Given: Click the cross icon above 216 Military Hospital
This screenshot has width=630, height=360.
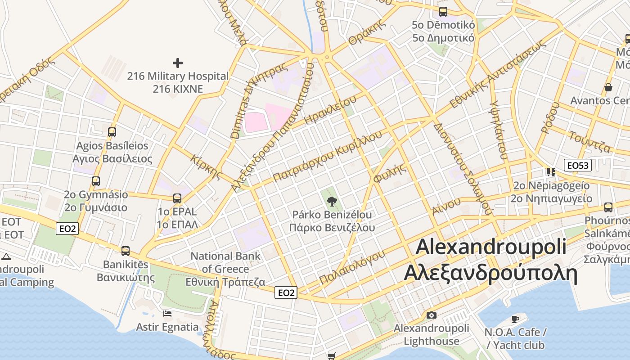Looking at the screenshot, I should coord(178,63).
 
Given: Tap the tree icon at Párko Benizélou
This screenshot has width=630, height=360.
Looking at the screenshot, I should coord(332,201).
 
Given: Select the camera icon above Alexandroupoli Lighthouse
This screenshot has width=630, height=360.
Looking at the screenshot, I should coord(431,315).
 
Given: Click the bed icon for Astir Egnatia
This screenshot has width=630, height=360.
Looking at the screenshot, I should coord(167,313).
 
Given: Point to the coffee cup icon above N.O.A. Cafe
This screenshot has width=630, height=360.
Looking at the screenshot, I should coord(515,319).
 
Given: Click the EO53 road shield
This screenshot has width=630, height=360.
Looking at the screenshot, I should coord(578,165).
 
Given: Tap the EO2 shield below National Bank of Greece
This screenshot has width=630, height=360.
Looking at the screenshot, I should coord(286,292).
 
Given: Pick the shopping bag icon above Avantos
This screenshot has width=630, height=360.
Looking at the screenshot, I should coord(608,87).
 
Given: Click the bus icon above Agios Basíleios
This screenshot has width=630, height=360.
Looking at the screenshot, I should coord(112,132).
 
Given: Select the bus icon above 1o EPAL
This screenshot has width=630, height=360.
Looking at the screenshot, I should coord(177,198).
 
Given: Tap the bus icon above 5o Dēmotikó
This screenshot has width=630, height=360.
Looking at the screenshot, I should coord(443,12).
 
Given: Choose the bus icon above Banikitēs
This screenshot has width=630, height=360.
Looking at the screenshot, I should coord(126,251).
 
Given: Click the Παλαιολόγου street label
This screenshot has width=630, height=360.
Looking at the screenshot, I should coord(352,267).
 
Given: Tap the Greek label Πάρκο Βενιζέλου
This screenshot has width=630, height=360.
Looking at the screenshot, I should coord(332,227).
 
